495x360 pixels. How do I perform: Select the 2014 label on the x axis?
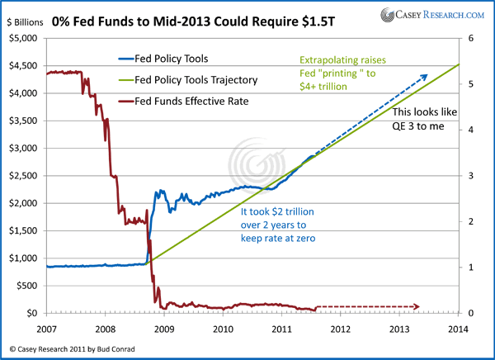pyautogui.click(x=457, y=328)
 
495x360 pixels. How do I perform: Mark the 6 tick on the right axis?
pyautogui.click(x=469, y=38)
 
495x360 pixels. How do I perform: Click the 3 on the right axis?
pyautogui.click(x=469, y=175)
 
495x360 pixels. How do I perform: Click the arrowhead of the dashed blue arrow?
pyautogui.click(x=425, y=77)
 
